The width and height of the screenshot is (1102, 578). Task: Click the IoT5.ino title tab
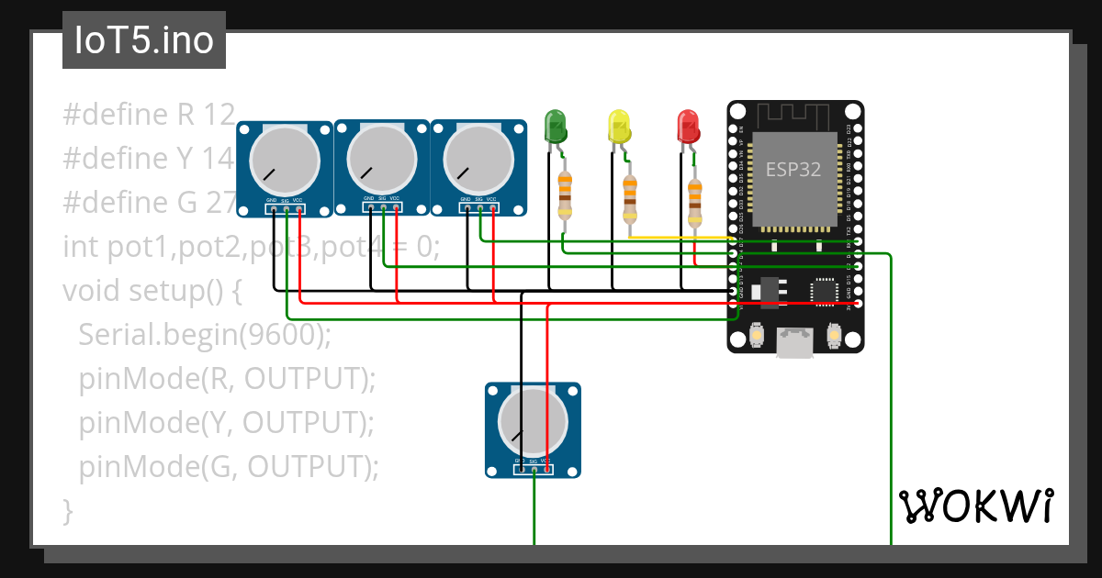(144, 40)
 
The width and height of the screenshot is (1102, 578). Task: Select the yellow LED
(620, 126)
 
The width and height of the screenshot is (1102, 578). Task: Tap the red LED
(688, 125)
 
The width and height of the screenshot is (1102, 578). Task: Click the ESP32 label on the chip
(793, 170)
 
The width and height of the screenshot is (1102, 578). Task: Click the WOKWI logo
(975, 506)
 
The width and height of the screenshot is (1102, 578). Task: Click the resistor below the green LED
(565, 194)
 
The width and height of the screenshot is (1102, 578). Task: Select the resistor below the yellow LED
(629, 199)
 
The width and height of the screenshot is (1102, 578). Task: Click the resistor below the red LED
(694, 202)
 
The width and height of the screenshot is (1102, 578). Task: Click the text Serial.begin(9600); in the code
(204, 335)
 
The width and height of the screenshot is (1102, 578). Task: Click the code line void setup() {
(152, 291)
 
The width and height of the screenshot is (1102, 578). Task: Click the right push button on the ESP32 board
(834, 337)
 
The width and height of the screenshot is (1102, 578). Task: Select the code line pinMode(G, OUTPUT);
(229, 467)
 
